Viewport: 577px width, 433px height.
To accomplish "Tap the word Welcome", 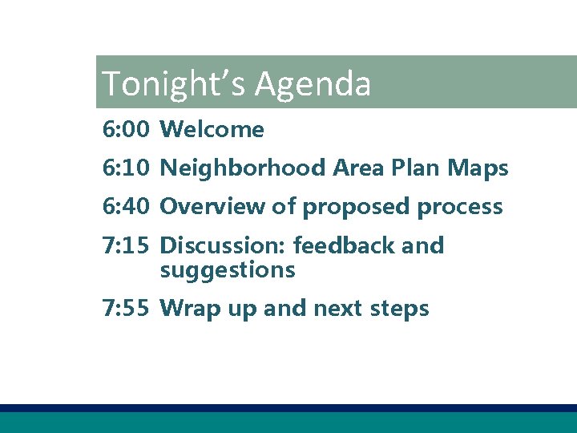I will [212, 129].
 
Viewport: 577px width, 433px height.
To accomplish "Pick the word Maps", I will [478, 168].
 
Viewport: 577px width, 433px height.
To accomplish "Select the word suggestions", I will [228, 271].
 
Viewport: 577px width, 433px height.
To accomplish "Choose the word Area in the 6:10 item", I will [359, 168].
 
